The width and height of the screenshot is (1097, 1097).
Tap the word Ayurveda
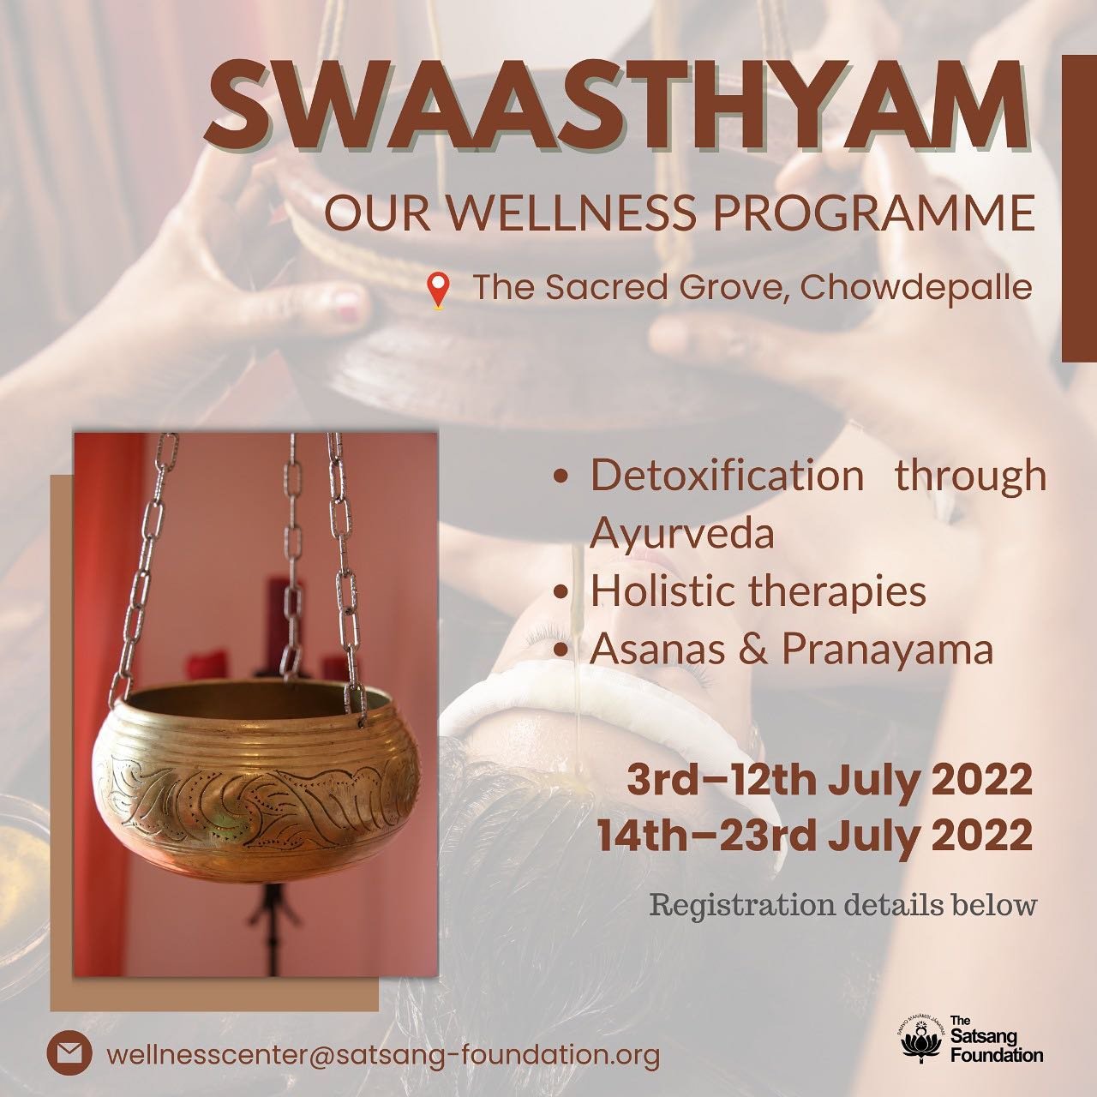pyautogui.click(x=682, y=534)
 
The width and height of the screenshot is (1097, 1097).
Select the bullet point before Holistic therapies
pyautogui.click(x=562, y=592)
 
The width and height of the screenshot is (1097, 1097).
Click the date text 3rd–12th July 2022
pyautogui.click(x=830, y=781)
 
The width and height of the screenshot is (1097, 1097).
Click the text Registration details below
pyautogui.click(x=843, y=905)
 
